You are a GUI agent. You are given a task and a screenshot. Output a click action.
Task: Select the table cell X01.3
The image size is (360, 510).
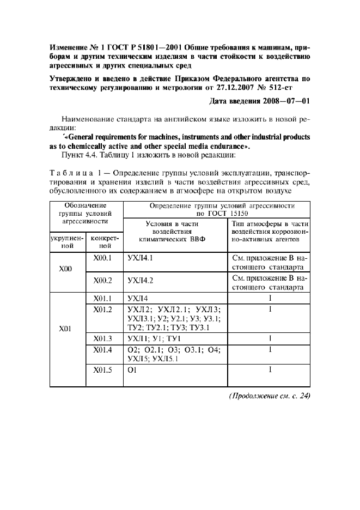click(102, 338)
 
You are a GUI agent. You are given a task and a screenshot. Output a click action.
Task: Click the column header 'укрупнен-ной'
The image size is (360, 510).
click(66, 242)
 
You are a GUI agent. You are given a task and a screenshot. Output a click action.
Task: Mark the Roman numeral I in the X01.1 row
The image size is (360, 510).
click(269, 299)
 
